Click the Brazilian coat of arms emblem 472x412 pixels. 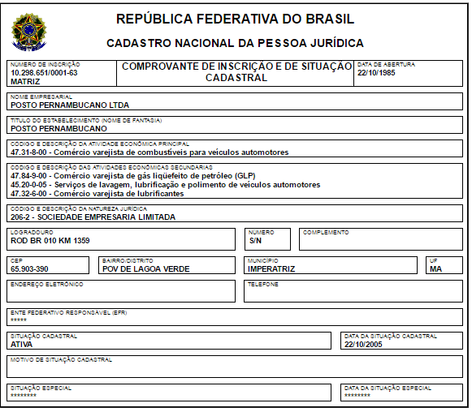[x=30, y=30]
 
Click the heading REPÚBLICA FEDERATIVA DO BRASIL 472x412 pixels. [x=235, y=19]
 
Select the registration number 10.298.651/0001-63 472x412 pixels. [x=44, y=73]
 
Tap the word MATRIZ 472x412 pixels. [x=25, y=82]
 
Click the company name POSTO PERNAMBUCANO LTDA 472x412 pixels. [x=70, y=105]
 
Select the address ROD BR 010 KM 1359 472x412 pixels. [x=50, y=241]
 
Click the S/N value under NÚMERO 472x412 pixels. [x=256, y=241]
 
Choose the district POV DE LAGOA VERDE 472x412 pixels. [x=144, y=268]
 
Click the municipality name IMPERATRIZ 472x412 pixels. [x=271, y=268]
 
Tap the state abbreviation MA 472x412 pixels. [x=436, y=268]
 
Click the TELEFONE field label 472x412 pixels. [x=263, y=285]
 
